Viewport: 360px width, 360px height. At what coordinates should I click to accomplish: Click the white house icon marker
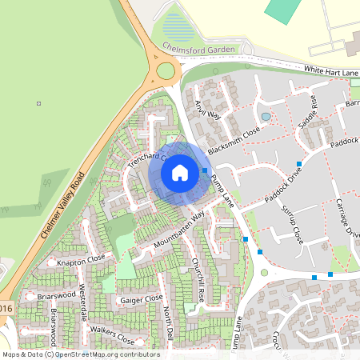coord(180,173)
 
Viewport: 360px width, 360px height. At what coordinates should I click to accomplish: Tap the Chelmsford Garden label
coord(198,49)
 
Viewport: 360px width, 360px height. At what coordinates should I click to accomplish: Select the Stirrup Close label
coord(292,223)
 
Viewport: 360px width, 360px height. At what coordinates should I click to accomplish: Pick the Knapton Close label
coord(81,262)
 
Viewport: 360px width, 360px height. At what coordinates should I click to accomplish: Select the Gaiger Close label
coord(141,299)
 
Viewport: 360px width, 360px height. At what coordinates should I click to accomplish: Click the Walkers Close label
coord(112,334)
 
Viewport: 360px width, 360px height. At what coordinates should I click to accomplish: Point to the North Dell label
coord(168,325)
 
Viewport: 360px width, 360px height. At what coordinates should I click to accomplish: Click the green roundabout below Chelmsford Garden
coord(166,70)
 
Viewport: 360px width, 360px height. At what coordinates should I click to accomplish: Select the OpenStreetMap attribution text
coord(80,354)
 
